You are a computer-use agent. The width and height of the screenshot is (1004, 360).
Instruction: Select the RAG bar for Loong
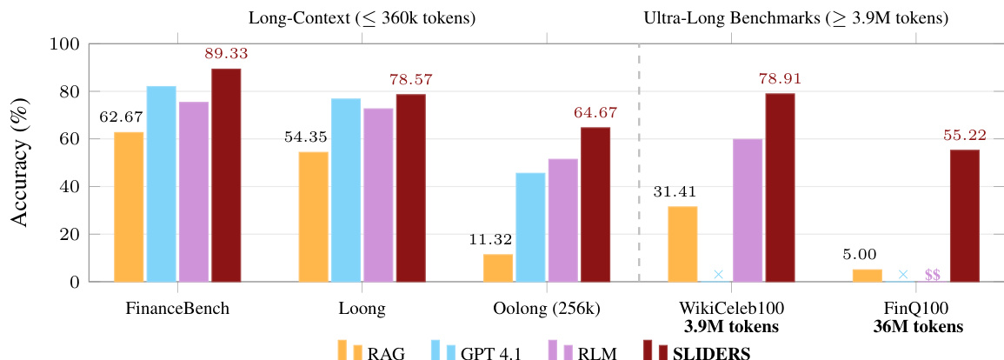[314, 217]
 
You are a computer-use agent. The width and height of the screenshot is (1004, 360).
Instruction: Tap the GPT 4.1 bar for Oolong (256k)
[530, 227]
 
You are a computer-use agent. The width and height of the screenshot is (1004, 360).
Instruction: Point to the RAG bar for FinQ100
[867, 276]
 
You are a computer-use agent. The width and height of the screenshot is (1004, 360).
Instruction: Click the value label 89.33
[226, 54]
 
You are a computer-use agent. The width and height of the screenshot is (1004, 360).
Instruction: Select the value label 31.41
[682, 192]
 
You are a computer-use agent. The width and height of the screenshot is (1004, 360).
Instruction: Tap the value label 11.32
[497, 240]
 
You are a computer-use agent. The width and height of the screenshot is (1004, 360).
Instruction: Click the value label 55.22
[964, 136]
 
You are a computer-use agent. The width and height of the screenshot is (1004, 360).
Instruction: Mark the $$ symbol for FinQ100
[932, 275]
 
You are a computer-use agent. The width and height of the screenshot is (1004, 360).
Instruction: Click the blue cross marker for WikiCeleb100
[718, 275]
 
